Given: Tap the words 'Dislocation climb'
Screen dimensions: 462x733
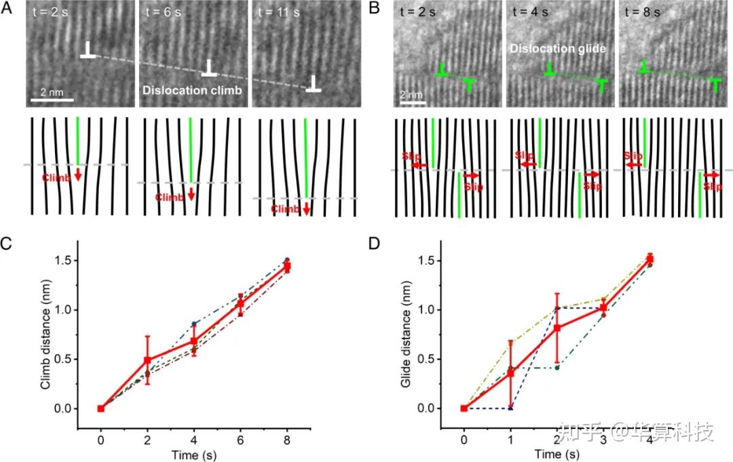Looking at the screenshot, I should [x=191, y=90].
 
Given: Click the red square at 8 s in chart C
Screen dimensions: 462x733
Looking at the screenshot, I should [x=287, y=267].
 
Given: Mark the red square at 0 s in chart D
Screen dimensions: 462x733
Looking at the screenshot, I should [x=464, y=408].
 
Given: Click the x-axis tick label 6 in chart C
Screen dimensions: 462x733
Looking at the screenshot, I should [x=240, y=439].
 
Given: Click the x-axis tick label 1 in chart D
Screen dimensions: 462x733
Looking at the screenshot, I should [x=510, y=439].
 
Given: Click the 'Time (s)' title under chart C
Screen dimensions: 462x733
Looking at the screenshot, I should [x=194, y=453].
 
